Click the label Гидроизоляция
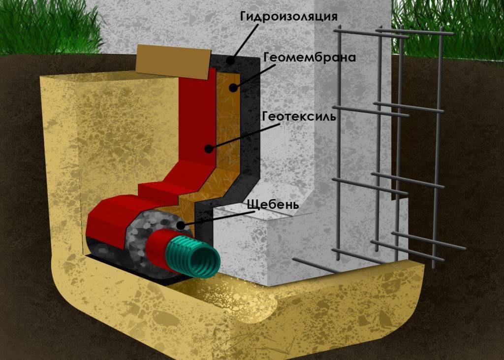click(x=289, y=17)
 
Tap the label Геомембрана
click(x=310, y=58)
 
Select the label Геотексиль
click(x=299, y=116)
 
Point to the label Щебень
click(x=273, y=204)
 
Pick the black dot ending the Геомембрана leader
click(x=234, y=87)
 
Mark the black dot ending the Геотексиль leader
click(x=209, y=149)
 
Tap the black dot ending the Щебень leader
click(x=181, y=226)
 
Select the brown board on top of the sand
click(x=174, y=62)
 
